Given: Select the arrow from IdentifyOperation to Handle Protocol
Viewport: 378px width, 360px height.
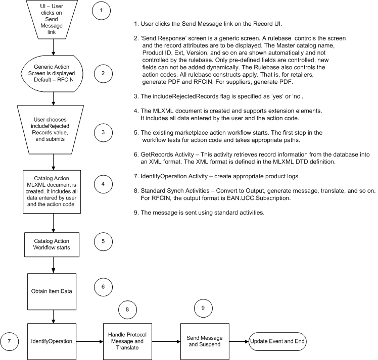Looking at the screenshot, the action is [89, 341].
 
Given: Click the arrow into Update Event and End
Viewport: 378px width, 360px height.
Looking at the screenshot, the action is [239, 341].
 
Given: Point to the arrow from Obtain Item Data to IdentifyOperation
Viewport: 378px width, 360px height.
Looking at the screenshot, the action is [54, 317].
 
